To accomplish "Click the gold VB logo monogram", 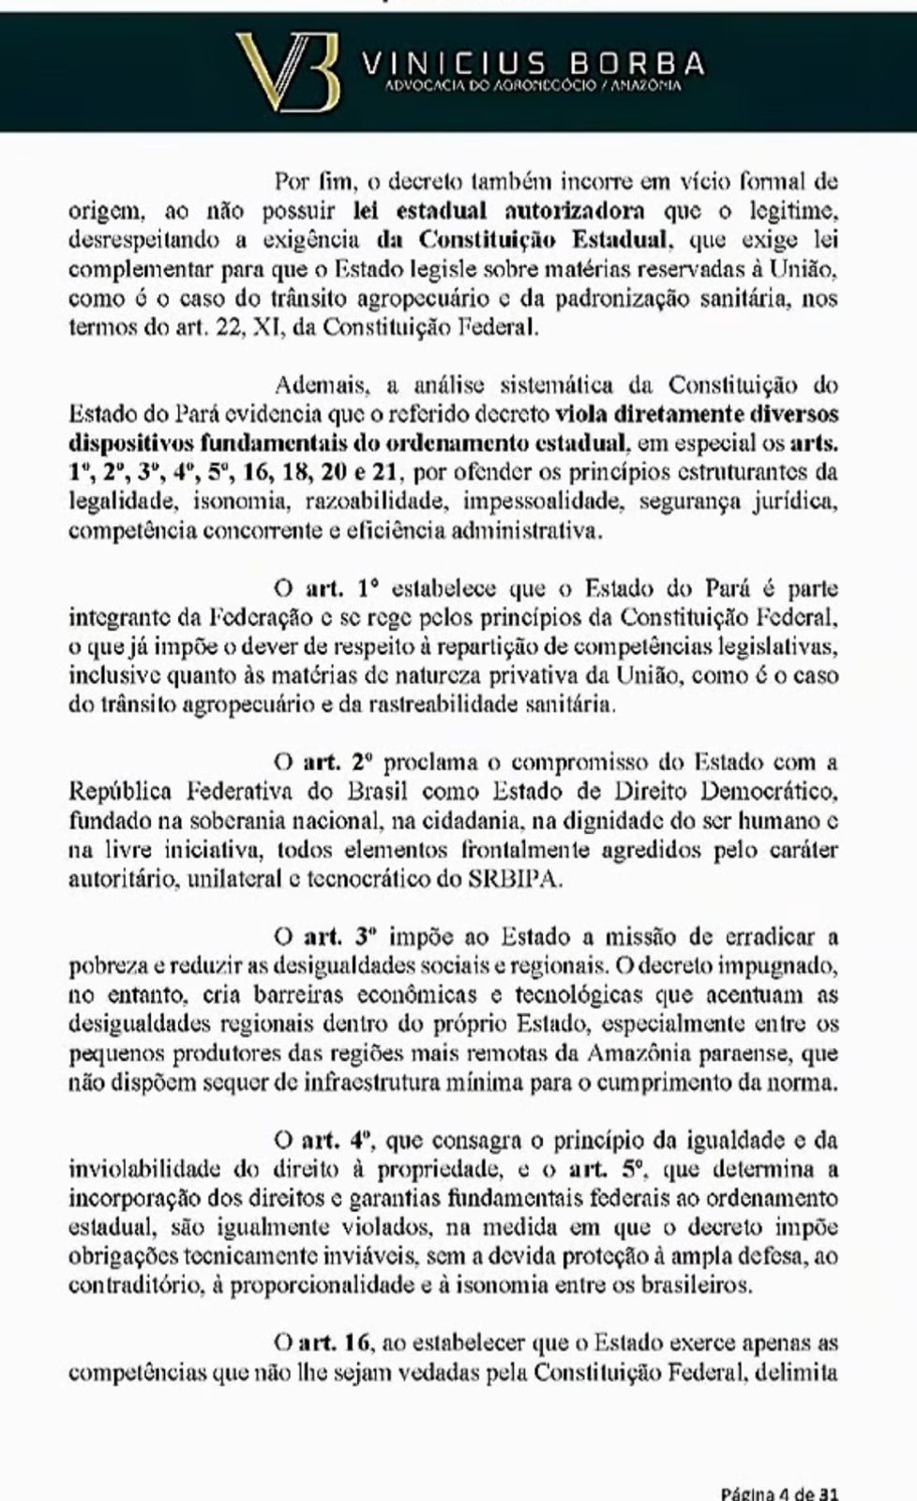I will coord(287,70).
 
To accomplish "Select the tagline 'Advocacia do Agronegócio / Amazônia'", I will coord(534,86).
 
